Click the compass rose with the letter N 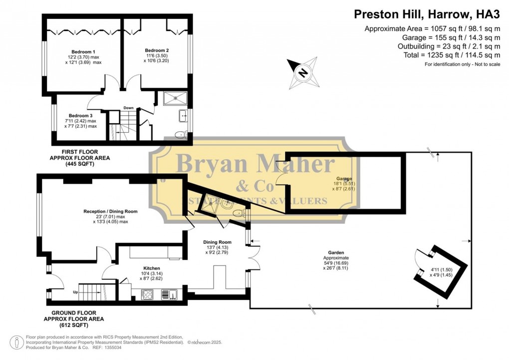tap(302, 73)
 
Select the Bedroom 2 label tap(157, 50)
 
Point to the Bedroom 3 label tap(80, 115)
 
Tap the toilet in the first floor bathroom tap(180, 134)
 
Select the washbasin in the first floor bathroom tap(183, 116)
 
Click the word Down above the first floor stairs tap(128, 108)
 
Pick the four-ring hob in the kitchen tap(147, 295)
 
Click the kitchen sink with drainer tap(169, 295)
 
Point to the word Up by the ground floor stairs tap(75, 292)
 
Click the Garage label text tap(344, 179)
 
